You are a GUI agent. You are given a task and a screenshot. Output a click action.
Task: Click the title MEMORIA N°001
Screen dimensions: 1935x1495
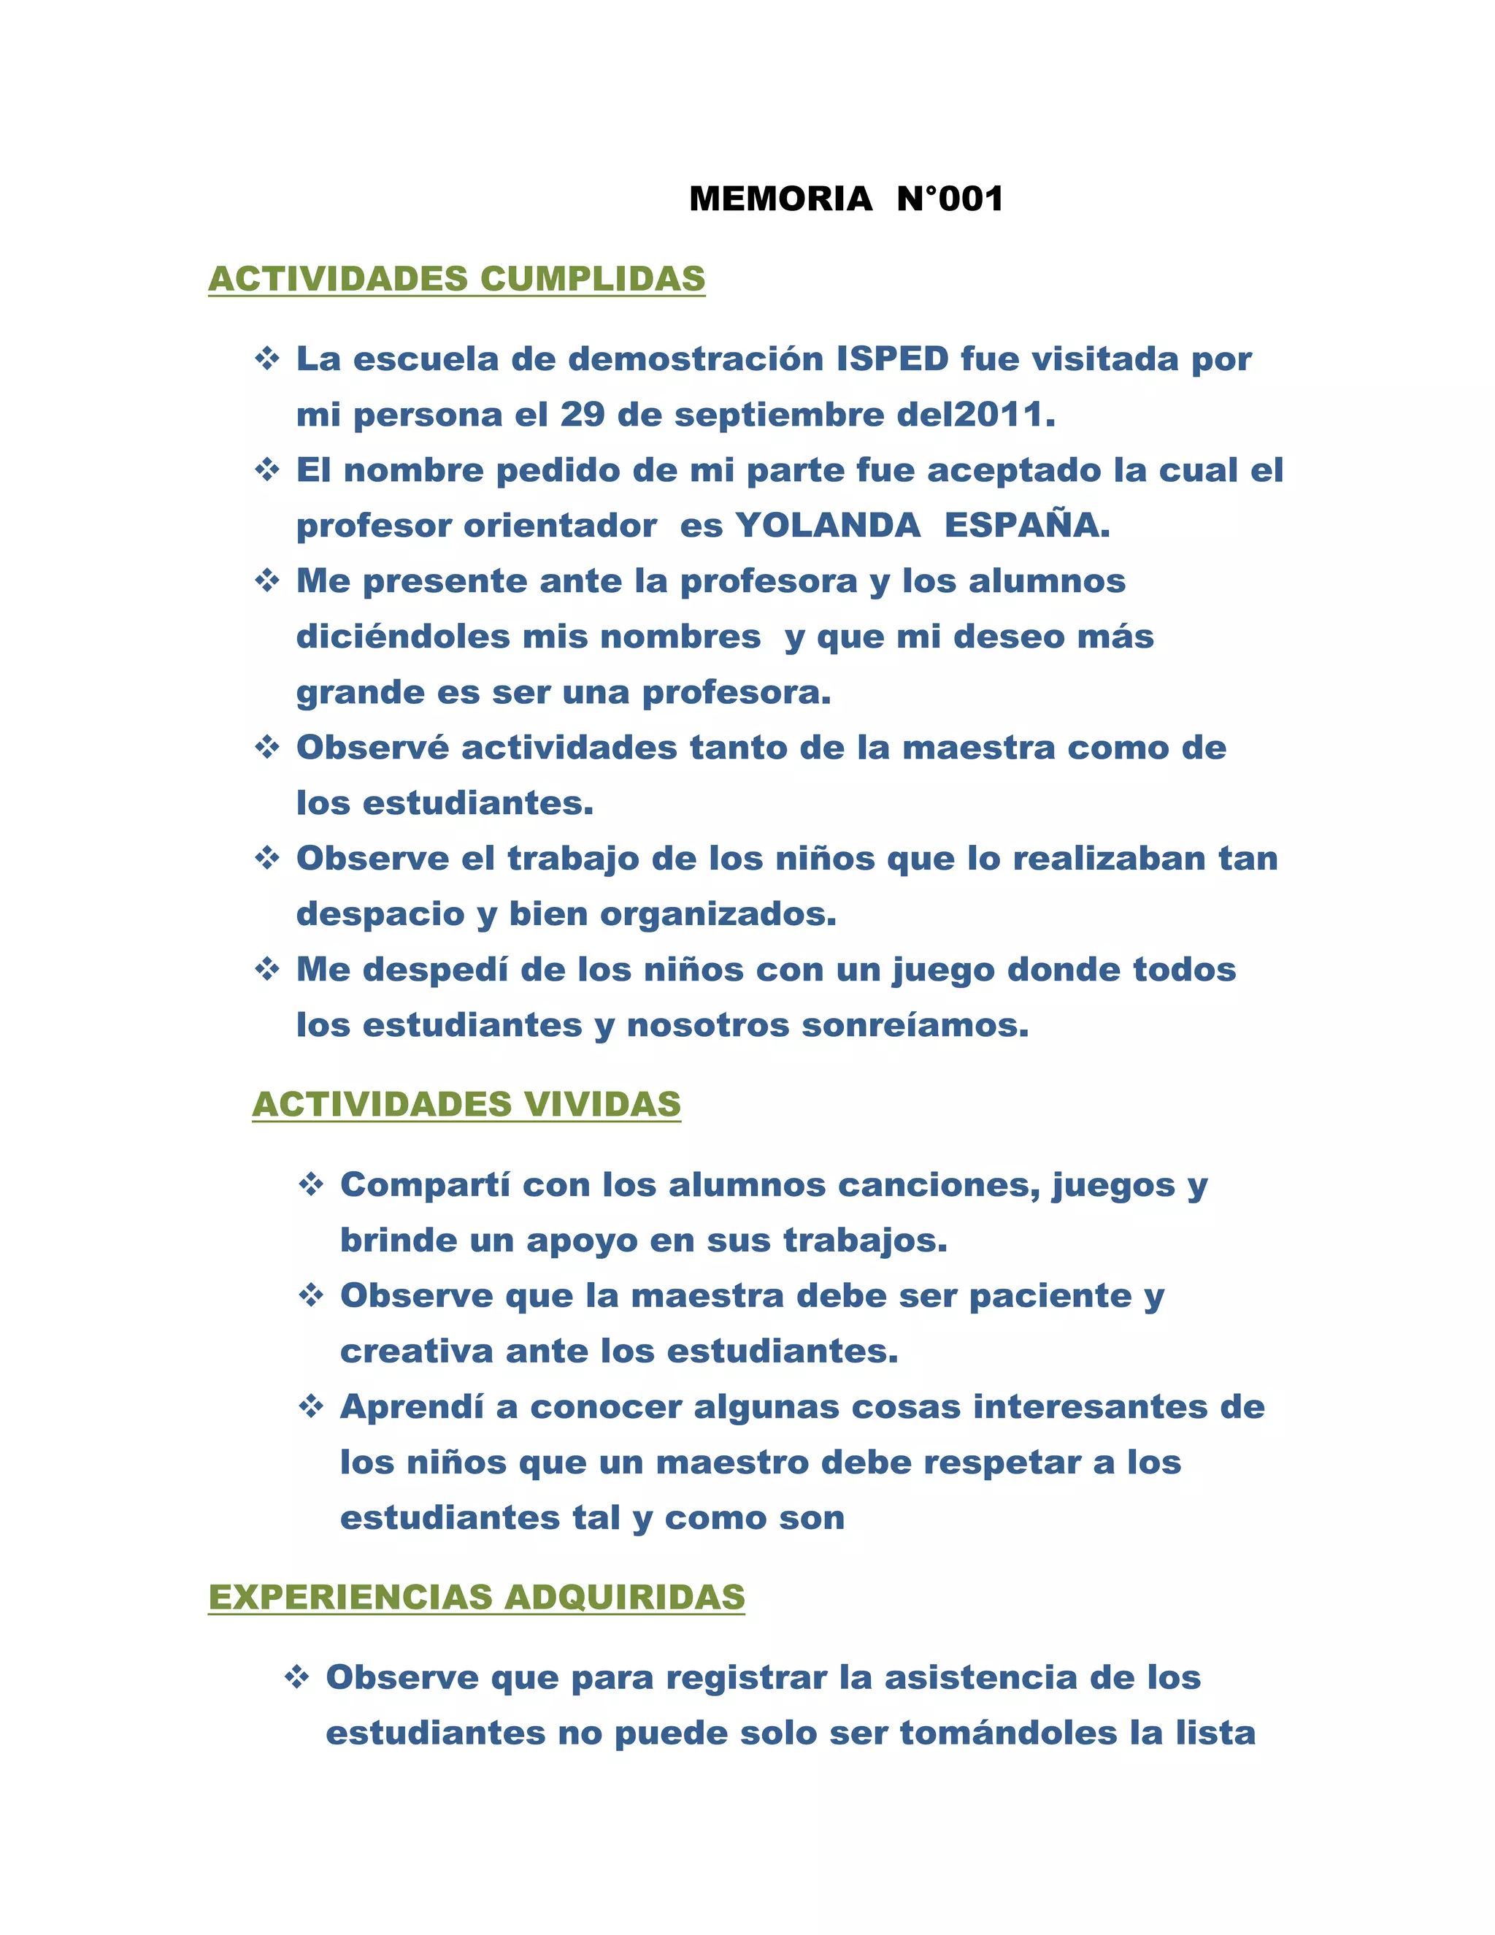click(x=846, y=199)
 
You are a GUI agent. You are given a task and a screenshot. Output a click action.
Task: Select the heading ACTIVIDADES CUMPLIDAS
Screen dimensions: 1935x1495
click(x=456, y=278)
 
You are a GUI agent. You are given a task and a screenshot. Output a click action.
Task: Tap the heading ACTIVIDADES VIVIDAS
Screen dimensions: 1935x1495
click(x=466, y=1104)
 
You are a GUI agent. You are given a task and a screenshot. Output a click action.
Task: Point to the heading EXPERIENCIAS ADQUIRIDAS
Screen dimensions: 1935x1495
click(x=477, y=1596)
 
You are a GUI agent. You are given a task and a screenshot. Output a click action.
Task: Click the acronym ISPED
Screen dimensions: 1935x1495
click(x=893, y=359)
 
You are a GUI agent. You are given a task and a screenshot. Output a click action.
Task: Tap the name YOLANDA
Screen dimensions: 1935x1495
click(x=828, y=526)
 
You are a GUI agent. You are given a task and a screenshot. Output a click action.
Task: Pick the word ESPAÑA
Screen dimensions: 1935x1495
click(x=1026, y=526)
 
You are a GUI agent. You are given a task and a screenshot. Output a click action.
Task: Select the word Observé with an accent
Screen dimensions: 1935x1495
click(x=372, y=747)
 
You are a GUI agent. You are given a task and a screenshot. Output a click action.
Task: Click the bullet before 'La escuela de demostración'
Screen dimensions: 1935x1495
click(x=266, y=359)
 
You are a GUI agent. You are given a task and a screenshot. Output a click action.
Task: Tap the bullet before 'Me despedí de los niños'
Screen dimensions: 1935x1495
click(x=266, y=969)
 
